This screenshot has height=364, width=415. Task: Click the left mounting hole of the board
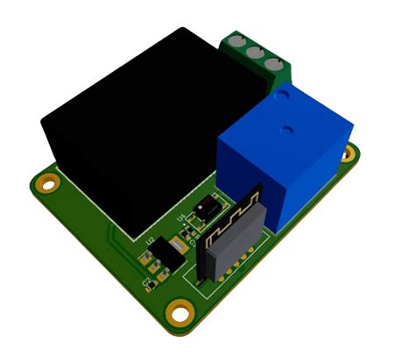(46, 182)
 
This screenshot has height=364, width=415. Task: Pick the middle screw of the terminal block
(256, 53)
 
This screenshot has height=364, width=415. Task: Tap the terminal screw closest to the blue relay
(274, 63)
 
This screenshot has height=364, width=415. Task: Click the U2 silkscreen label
(151, 239)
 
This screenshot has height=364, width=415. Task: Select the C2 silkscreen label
(147, 282)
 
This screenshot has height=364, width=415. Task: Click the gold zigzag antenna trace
(232, 219)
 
